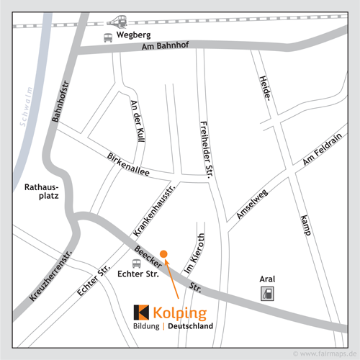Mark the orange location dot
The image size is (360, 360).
coord(164,253)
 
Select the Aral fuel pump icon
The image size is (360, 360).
coord(267,293)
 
